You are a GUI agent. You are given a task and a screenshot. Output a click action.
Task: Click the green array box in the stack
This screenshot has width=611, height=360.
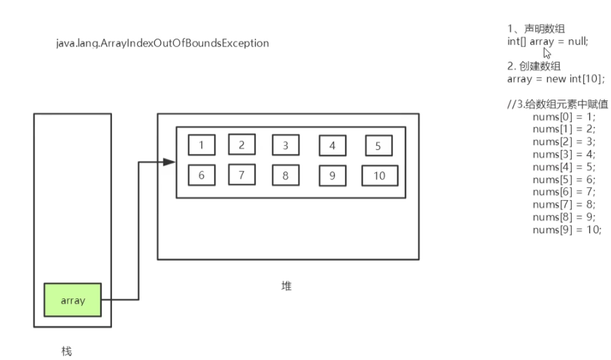(x=73, y=300)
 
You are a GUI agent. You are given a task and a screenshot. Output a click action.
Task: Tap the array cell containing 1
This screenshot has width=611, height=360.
(x=201, y=145)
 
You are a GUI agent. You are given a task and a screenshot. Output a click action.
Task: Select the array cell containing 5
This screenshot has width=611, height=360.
(x=378, y=146)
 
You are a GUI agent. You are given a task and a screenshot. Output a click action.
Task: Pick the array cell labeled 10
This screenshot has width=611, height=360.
(x=379, y=176)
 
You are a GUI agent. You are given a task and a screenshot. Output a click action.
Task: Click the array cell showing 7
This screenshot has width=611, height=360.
(x=241, y=175)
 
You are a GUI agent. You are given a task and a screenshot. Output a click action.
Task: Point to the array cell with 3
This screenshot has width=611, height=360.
(x=285, y=145)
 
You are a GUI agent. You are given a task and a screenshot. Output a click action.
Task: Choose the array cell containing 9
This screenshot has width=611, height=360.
(x=332, y=176)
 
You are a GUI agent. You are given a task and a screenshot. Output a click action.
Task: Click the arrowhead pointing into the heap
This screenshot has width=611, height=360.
(x=170, y=161)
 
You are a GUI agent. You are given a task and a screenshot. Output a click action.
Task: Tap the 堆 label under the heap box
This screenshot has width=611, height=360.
(x=287, y=286)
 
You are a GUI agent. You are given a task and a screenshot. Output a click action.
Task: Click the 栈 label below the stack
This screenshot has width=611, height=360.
(x=66, y=351)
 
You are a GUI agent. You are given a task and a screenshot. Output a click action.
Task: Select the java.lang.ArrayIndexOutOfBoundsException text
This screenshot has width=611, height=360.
(x=163, y=43)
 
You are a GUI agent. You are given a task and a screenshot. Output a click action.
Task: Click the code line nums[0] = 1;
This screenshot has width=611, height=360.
(x=564, y=117)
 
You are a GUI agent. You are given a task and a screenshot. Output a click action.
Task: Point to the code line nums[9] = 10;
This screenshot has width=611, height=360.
(x=566, y=229)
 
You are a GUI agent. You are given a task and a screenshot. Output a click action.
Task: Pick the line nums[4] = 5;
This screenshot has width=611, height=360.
(x=564, y=167)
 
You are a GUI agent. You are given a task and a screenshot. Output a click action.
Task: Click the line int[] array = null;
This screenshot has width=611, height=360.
(x=548, y=41)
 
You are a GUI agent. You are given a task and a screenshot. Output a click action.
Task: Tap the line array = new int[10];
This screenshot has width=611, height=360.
(x=555, y=79)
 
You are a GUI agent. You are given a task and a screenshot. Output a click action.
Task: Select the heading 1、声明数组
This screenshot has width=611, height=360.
(x=536, y=29)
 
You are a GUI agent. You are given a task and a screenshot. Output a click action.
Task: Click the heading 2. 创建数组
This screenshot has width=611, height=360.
(x=534, y=66)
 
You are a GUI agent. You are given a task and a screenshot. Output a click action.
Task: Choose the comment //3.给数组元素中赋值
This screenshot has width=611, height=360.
(x=557, y=104)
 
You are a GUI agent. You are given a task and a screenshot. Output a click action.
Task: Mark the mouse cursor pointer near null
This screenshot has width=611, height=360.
(x=547, y=52)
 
